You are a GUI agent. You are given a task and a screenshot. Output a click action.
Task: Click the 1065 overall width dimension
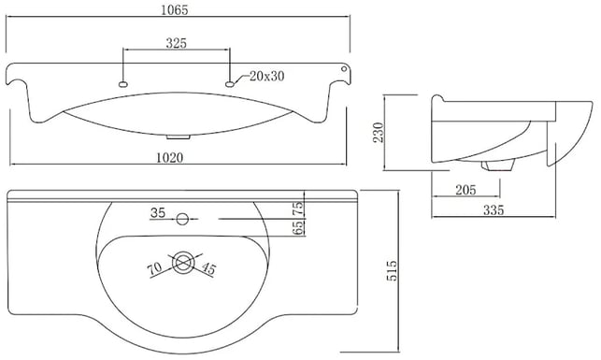(175, 10)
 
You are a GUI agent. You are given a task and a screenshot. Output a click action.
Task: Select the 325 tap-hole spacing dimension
(177, 43)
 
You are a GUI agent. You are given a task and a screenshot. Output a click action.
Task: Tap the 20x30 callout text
(266, 76)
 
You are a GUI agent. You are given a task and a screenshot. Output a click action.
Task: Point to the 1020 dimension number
(170, 157)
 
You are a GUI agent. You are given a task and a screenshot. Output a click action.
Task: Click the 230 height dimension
(379, 132)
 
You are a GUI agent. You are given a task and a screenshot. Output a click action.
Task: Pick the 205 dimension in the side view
(465, 190)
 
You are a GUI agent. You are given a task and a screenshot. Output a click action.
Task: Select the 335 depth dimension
(494, 210)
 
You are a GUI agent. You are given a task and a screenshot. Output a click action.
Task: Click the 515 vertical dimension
(392, 270)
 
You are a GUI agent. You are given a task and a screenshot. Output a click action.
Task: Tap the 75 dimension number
(298, 209)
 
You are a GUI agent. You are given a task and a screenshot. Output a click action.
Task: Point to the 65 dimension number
(298, 228)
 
